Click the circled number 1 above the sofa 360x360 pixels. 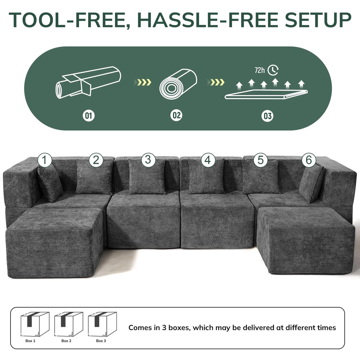pyautogui.click(x=44, y=160)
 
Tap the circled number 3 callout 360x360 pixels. pyautogui.click(x=148, y=160)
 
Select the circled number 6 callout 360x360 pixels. pyautogui.click(x=309, y=160)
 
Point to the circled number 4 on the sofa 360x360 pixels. pyautogui.click(x=208, y=160)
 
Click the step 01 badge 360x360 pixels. pyautogui.click(x=89, y=115)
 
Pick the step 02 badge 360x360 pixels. pyautogui.click(x=176, y=115)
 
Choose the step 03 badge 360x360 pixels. pyautogui.click(x=268, y=116)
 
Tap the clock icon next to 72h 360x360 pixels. pyautogui.click(x=273, y=70)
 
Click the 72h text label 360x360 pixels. pyautogui.click(x=259, y=70)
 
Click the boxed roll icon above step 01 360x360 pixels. pyautogui.click(x=88, y=82)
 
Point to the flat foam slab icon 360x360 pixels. pyautogui.click(x=266, y=94)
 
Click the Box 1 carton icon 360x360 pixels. pyautogui.click(x=34, y=324)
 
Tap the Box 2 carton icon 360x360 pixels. pyautogui.click(x=68, y=324)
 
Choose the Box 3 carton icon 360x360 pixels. pyautogui.click(x=102, y=324)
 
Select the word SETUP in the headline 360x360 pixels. pyautogui.click(x=318, y=20)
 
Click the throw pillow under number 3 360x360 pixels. pyautogui.click(x=147, y=177)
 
